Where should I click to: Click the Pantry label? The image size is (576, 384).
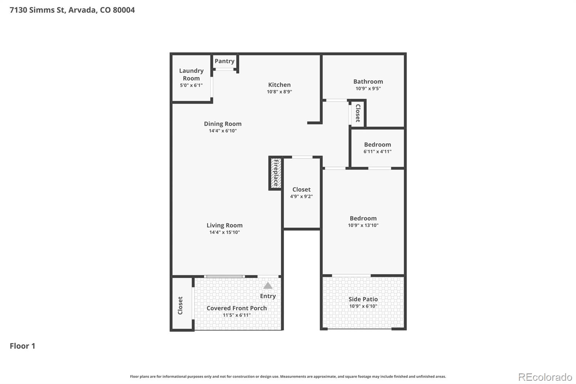(x=224, y=61)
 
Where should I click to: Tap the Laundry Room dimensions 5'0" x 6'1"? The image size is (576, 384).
(x=191, y=85)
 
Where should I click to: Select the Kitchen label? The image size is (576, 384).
(x=279, y=85)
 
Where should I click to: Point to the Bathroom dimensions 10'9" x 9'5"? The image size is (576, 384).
(x=368, y=89)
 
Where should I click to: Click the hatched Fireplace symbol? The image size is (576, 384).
(x=275, y=173)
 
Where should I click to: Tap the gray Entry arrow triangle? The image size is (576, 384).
(x=268, y=286)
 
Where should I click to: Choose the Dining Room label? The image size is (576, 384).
(x=222, y=124)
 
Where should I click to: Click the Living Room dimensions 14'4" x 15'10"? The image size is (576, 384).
(x=224, y=232)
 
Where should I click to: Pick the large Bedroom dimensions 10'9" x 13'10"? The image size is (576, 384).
(x=363, y=226)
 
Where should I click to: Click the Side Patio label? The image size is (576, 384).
(x=363, y=299)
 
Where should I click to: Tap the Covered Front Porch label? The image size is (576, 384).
(x=237, y=308)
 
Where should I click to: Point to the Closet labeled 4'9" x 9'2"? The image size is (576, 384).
(x=301, y=189)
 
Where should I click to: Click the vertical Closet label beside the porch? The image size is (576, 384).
(x=180, y=305)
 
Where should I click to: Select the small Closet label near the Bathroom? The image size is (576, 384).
(x=358, y=113)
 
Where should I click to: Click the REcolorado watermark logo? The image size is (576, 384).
(x=545, y=377)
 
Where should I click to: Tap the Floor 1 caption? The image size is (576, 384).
(x=22, y=346)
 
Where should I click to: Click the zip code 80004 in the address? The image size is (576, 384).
(x=124, y=10)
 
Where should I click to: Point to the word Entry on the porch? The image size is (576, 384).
(x=268, y=296)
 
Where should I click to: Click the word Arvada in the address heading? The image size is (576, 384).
(x=82, y=10)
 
